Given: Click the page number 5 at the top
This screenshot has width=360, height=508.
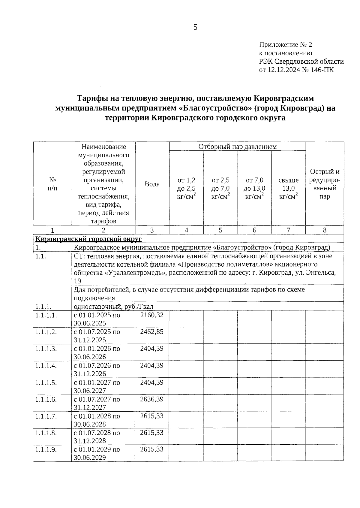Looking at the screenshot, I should pos(195,28).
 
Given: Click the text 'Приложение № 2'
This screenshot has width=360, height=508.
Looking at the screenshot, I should pos(286,45).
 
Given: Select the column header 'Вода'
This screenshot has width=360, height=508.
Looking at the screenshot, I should pos(152,184).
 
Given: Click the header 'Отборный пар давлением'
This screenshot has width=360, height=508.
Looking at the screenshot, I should pos(237,147).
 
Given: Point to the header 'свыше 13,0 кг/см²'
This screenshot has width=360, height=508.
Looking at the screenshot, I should pos(288,188).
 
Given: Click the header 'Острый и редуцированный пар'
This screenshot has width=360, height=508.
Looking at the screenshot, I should pos(325,184).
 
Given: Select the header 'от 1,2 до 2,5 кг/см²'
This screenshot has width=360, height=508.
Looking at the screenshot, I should pos(186,188).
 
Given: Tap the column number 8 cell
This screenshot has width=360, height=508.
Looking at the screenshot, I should pos(325,230).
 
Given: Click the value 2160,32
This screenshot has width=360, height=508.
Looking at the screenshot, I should pos(152,315).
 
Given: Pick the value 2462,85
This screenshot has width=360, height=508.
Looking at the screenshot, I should pos(152,332).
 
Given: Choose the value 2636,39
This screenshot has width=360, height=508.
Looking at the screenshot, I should pos(152,399).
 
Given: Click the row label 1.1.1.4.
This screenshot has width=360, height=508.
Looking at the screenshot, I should pos(46,366).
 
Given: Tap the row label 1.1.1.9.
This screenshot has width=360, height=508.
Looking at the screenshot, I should pos(46,450).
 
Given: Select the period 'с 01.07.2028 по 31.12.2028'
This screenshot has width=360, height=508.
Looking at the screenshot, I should pos(97,437).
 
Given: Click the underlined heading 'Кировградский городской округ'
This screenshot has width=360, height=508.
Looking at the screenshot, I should pos(88,239).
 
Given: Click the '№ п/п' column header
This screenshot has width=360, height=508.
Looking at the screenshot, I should pos(52,184).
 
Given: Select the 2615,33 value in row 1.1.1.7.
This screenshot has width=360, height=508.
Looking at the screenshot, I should pos(152,416).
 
